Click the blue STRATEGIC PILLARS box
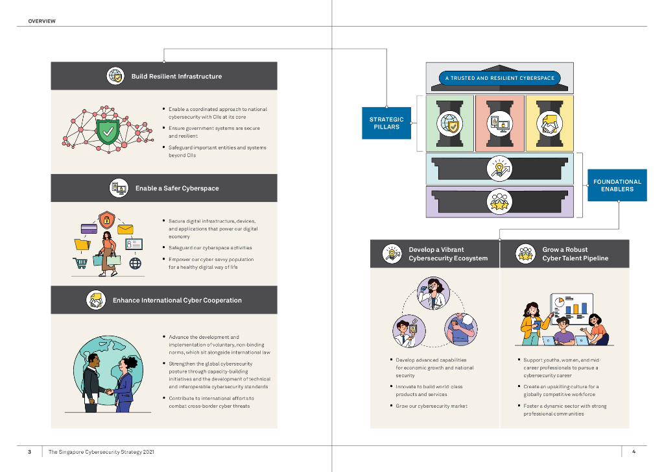click(386, 123)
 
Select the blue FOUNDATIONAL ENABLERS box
click(617, 185)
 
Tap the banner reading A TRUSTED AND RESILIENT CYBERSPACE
click(499, 78)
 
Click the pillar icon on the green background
click(449, 123)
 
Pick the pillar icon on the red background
click(499, 123)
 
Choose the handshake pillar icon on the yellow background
click(549, 123)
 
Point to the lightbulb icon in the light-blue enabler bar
click(499, 168)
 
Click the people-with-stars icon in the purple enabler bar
click(499, 201)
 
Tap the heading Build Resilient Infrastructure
click(176, 77)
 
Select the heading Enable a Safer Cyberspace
click(177, 188)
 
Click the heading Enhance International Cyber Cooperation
click(177, 301)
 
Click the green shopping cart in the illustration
click(80, 263)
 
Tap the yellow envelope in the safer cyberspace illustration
click(125, 229)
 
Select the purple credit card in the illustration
click(89, 229)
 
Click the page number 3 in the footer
click(29, 452)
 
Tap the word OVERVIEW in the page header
click(42, 21)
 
